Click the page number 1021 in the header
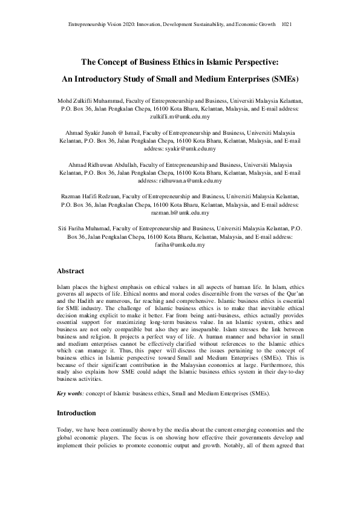pos(287,24)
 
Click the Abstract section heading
pos(70,271)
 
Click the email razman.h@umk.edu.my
pos(180,213)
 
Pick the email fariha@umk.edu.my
pos(180,245)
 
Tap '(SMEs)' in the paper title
pos(283,79)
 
